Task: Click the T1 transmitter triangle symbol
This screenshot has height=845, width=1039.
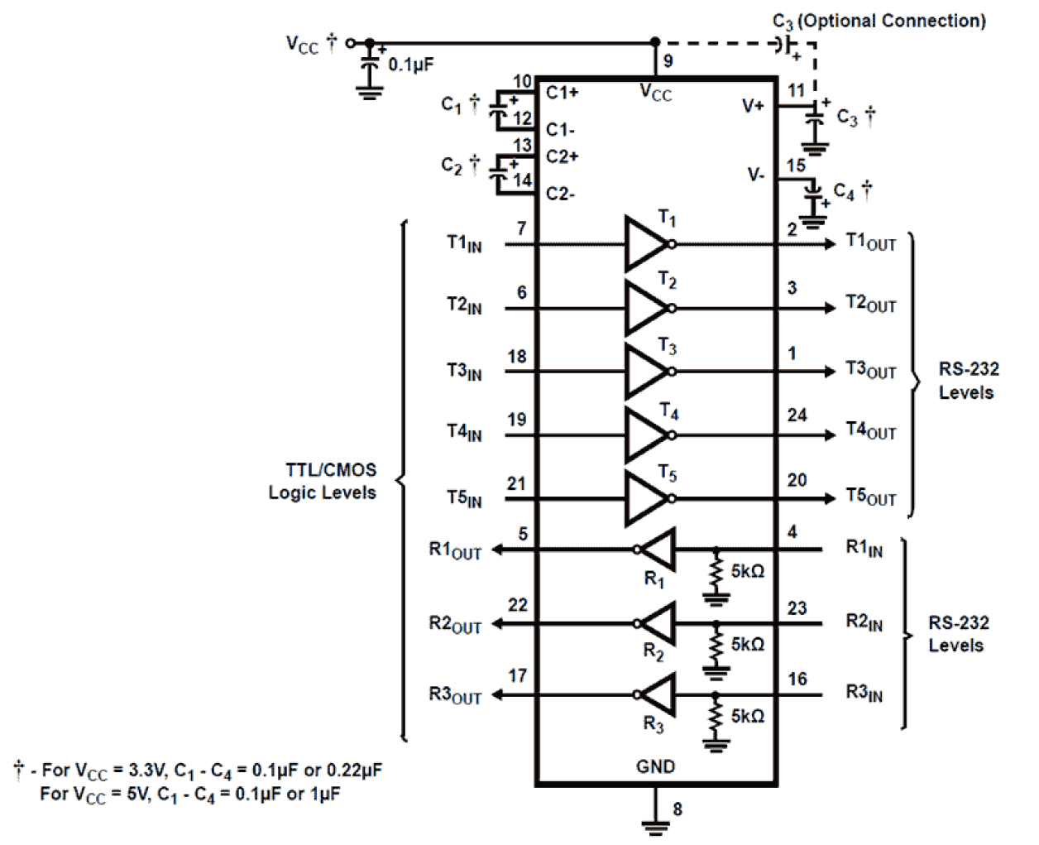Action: pos(645,244)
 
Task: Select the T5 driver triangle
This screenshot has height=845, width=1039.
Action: pos(645,499)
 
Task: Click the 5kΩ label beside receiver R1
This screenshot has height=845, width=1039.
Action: pos(747,572)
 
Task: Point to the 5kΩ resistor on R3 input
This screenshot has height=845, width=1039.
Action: pos(716,717)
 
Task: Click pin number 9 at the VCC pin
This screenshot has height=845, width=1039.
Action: pos(668,61)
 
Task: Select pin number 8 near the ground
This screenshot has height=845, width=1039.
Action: pos(678,809)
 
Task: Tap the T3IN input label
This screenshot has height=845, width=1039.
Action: pos(464,372)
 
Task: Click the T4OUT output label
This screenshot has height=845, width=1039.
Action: pos(870,430)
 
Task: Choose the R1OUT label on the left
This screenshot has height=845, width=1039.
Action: pos(455,550)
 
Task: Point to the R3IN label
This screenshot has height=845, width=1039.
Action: pos(864,693)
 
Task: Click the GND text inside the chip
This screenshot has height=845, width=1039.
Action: pos(655,766)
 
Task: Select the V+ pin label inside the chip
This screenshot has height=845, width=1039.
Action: pos(753,106)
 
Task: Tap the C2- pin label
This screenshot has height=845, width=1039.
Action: pos(560,194)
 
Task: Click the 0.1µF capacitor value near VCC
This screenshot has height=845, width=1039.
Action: pos(411,65)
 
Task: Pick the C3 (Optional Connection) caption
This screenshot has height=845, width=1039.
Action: pos(879,22)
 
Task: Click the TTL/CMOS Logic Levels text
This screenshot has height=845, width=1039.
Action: pos(323,481)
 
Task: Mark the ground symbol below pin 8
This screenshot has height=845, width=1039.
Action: pos(655,824)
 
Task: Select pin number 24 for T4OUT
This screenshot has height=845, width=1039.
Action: pos(797,415)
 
